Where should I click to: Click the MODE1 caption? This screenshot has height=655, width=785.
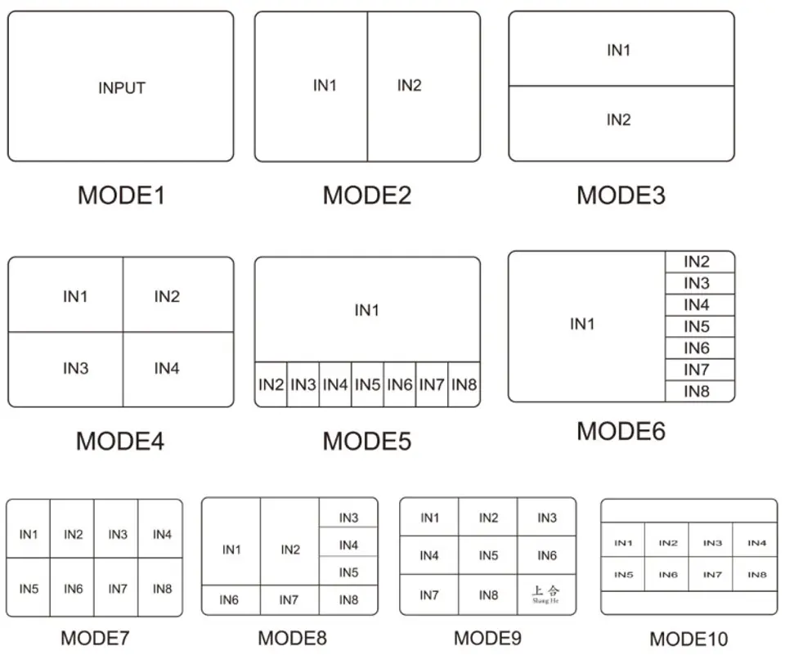[121, 195]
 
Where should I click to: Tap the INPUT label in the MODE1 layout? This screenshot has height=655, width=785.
[122, 88]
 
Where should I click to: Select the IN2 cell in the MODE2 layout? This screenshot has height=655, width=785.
[424, 86]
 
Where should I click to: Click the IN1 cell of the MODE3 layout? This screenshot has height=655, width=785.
[621, 49]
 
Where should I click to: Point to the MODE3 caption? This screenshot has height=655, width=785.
[621, 195]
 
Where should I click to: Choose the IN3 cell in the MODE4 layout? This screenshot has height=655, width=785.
[65, 369]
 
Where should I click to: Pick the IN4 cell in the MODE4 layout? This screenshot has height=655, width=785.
[178, 369]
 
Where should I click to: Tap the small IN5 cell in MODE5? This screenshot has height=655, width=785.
[367, 384]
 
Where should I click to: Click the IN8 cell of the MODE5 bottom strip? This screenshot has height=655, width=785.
[464, 384]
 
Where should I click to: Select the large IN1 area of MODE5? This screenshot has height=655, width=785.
[367, 310]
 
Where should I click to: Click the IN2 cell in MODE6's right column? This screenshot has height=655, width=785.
[700, 262]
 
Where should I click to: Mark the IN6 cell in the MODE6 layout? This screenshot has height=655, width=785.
[700, 348]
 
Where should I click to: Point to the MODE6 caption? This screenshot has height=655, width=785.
[621, 431]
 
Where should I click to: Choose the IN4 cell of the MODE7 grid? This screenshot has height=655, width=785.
[160, 529]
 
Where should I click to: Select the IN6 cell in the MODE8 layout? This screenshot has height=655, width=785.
[231, 600]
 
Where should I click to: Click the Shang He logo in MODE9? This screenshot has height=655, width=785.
[545, 594]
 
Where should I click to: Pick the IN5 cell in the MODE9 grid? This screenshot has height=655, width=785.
[488, 555]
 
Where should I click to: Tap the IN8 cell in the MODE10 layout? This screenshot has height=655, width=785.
[755, 574]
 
